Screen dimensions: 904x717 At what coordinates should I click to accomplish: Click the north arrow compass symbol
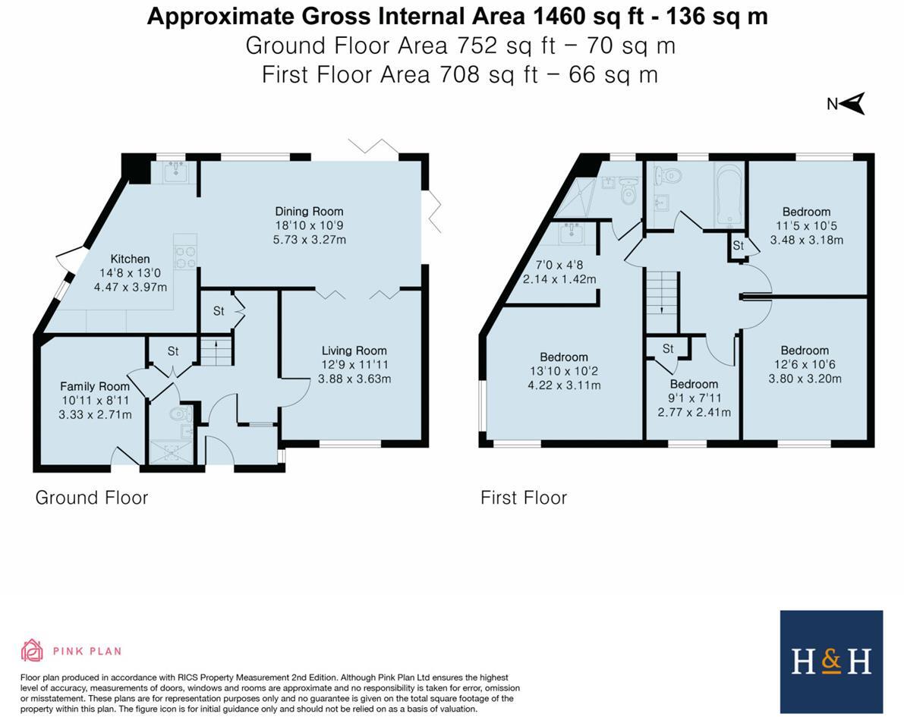(848, 104)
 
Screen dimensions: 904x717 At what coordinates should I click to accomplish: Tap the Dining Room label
(309, 212)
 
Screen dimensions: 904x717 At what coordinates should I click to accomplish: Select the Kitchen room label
(131, 259)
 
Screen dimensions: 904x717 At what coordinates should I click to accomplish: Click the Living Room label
(354, 351)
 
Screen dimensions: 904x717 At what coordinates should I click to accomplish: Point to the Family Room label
(95, 386)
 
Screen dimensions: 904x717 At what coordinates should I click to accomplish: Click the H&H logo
(831, 662)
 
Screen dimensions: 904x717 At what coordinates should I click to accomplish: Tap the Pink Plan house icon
(32, 650)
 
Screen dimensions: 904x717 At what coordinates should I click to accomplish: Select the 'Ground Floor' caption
(92, 498)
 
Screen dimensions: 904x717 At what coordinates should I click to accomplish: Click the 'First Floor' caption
(524, 498)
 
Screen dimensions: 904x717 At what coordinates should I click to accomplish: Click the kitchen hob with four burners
(185, 256)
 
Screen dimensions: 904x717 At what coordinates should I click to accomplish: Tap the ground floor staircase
(216, 351)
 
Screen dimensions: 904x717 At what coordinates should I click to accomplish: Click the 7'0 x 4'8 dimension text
(560, 265)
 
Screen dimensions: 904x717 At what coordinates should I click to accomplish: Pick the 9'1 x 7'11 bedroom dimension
(695, 398)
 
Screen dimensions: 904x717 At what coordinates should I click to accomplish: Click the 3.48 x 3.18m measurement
(807, 240)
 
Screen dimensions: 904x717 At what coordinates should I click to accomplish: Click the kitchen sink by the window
(175, 171)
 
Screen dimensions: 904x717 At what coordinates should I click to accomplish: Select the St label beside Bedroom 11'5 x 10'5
(738, 246)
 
